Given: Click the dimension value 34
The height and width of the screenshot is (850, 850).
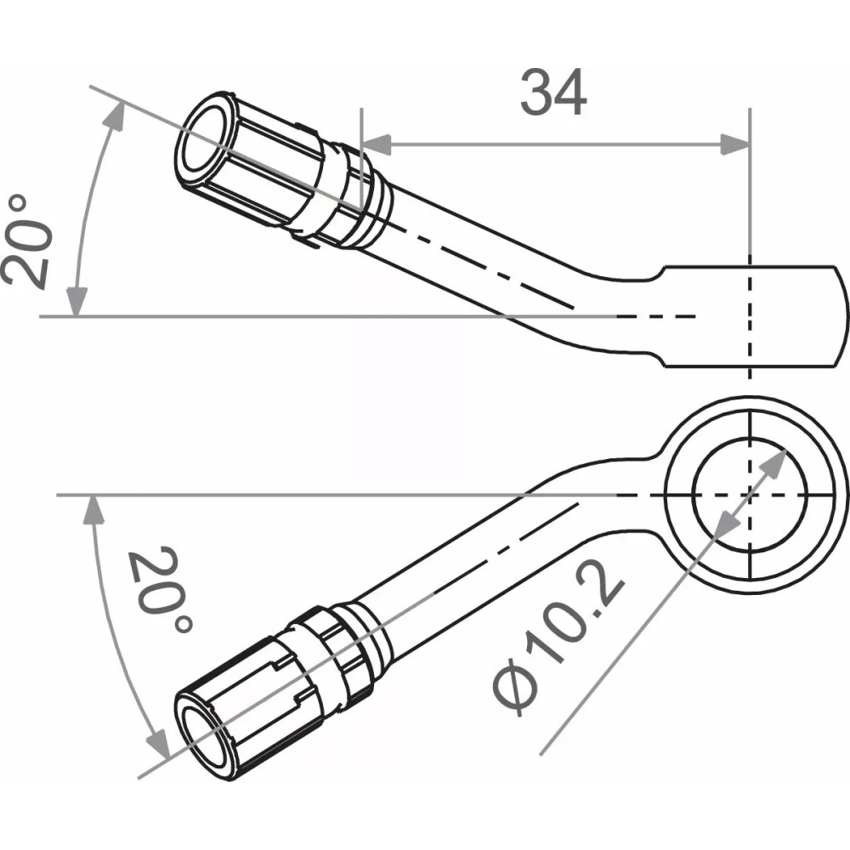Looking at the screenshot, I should [553, 93].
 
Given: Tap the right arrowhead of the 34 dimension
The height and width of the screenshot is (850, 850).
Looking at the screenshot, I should [735, 144].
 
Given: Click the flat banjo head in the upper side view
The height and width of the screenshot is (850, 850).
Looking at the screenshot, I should [756, 316].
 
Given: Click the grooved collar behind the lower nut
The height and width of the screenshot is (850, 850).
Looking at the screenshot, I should [357, 646].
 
